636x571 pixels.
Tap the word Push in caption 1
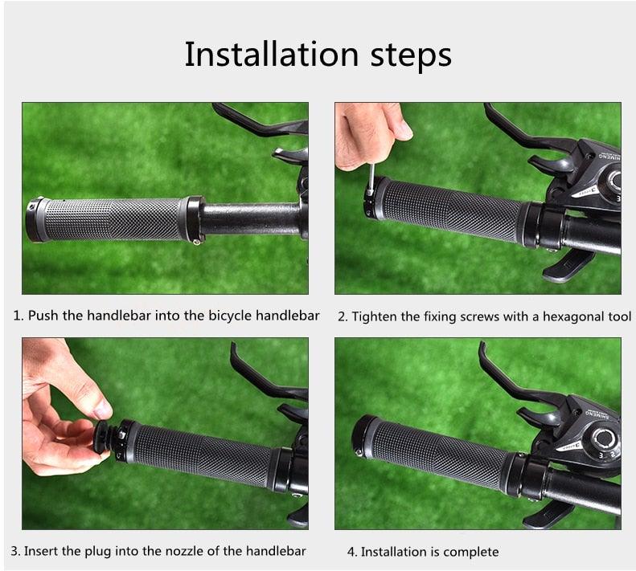[x=44, y=316]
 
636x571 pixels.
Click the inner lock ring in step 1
[x=195, y=218]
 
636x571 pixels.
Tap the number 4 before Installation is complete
[x=351, y=552]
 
